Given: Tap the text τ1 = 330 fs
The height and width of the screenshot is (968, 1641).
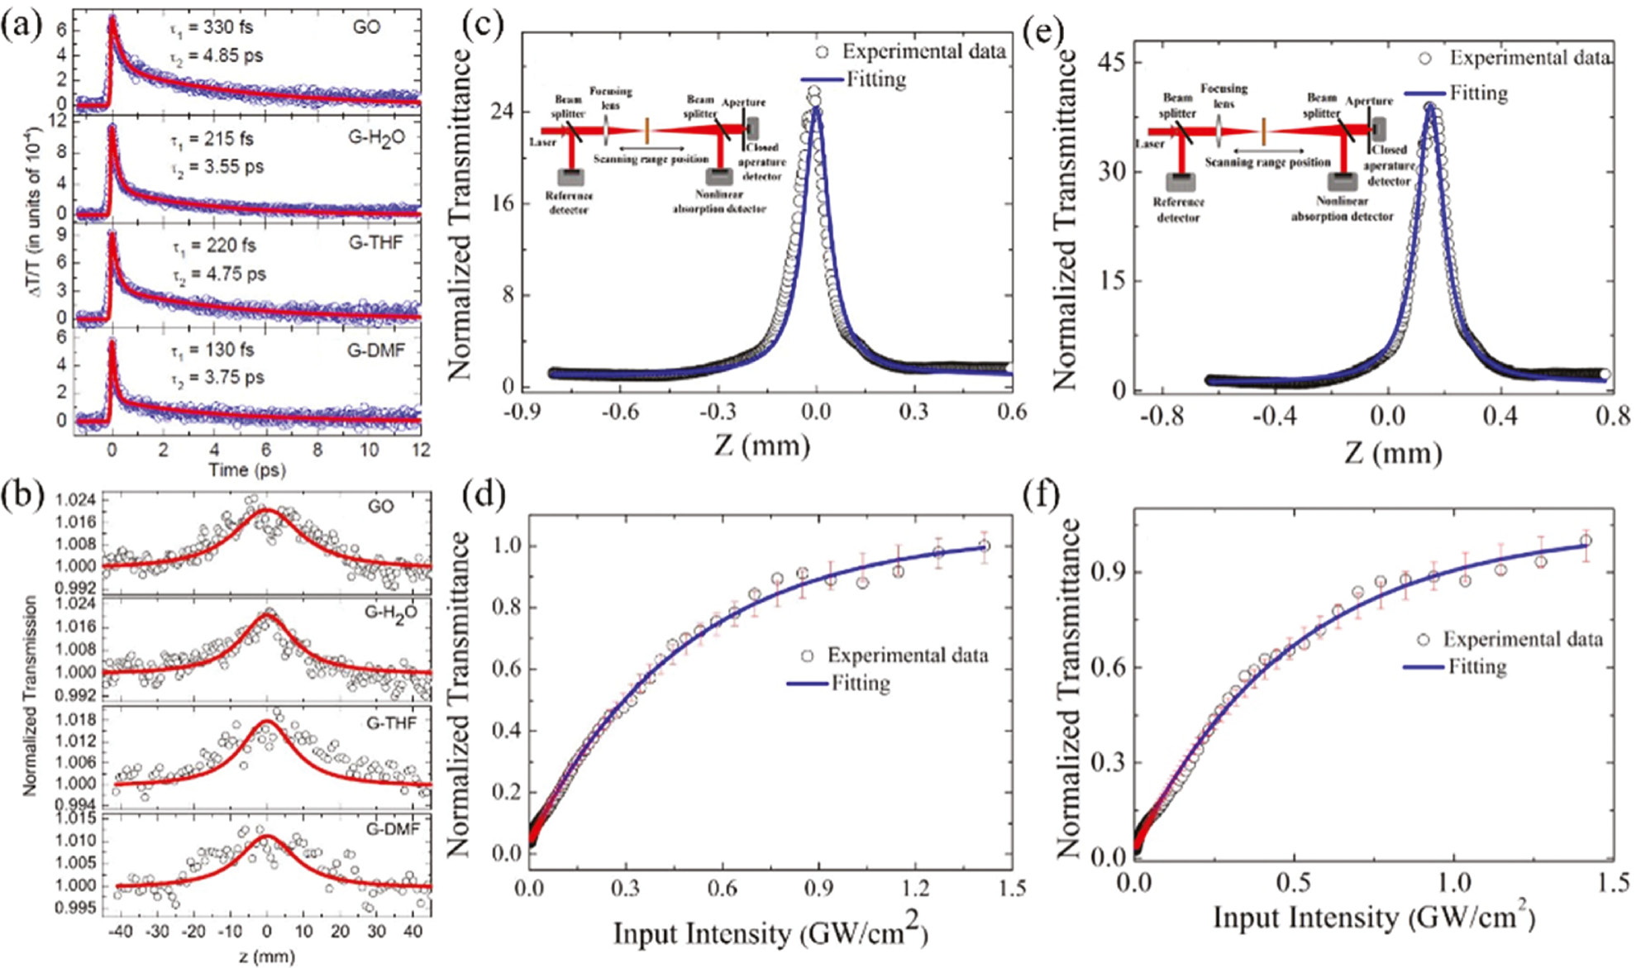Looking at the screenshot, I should coord(212,27).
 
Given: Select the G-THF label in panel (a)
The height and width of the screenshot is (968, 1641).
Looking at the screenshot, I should coord(376,243).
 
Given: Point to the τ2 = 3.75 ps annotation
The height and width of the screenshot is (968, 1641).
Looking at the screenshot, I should coord(218,378).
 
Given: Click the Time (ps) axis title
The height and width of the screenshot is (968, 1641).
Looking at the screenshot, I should coord(246,470).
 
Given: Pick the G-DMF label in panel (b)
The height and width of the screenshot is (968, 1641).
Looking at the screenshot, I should coord(393,829).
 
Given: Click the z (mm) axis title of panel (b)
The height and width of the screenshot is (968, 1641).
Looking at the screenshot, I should coord(266,956).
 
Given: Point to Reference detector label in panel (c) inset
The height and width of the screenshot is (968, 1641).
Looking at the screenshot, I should coord(569,203).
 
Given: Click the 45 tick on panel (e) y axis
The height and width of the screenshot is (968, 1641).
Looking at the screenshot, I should coord(1112,63).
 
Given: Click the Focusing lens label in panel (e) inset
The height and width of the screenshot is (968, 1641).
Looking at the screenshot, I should coord(1224,95).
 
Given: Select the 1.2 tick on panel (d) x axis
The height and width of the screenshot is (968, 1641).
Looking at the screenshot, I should coord(915,889).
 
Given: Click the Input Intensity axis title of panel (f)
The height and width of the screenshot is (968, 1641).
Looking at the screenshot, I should coord(1373,918).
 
